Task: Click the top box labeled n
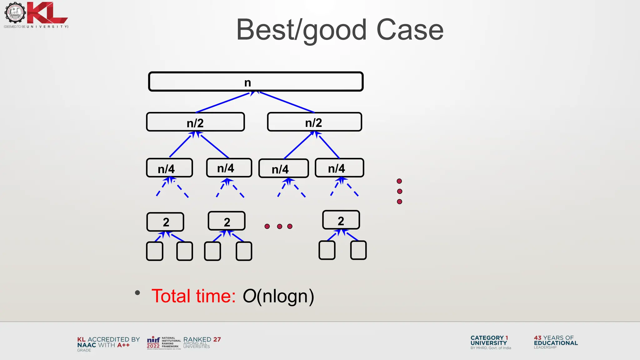[x=256, y=82]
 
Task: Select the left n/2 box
[x=195, y=122]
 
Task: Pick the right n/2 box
[x=314, y=122]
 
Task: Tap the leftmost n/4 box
[x=169, y=168]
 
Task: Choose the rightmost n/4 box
[x=339, y=168]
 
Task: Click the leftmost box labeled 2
[x=165, y=222]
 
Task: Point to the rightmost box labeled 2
[x=341, y=220]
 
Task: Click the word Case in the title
[x=410, y=30]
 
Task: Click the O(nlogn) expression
[x=278, y=296]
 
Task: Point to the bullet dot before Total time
[x=137, y=293]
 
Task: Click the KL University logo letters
[x=47, y=13]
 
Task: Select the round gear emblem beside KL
[x=15, y=12]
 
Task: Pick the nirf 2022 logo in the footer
[x=153, y=342]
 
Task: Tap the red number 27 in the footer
[x=217, y=339]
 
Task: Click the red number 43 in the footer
[x=537, y=338]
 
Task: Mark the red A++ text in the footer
[x=123, y=345]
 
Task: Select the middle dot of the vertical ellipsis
[x=399, y=191]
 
